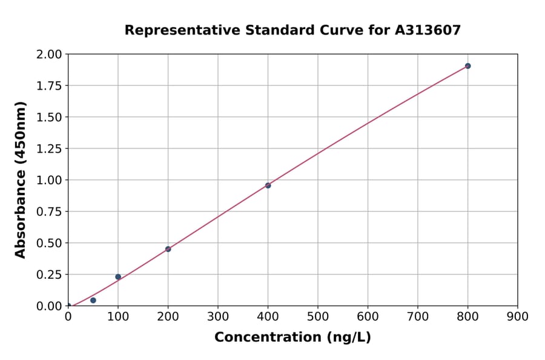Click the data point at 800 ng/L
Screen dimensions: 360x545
[467, 66]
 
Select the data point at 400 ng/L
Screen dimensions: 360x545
[268, 185]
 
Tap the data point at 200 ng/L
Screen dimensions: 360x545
[168, 249]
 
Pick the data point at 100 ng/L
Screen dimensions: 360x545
[118, 277]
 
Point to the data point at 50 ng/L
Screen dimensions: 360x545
[93, 300]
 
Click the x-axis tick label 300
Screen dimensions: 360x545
[218, 316]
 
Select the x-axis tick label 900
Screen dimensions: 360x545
[518, 316]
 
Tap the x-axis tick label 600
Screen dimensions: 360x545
[368, 316]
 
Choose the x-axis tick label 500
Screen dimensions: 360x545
[318, 316]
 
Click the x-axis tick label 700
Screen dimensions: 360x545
[418, 316]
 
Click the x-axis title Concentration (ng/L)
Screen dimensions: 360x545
[292, 338]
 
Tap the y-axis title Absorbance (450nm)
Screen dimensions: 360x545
[21, 180]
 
